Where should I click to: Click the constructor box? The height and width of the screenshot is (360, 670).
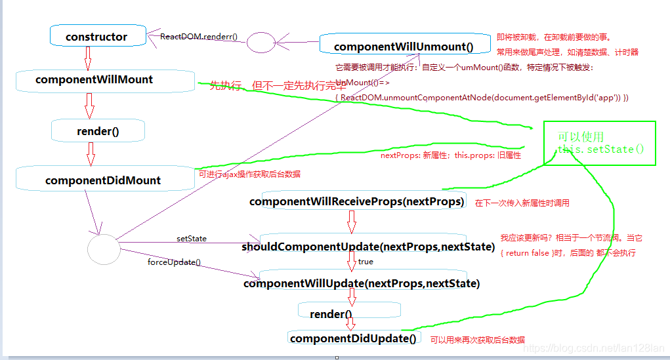[98, 36]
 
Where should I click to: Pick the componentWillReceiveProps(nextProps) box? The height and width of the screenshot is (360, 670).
[357, 201]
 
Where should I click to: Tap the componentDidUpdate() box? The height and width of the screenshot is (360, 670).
[353, 338]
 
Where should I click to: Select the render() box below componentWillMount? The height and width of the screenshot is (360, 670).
[98, 130]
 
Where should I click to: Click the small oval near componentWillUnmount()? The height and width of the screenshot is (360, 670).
[261, 43]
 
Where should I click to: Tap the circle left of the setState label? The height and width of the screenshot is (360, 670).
[104, 249]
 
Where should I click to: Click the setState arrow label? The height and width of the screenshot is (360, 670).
[192, 239]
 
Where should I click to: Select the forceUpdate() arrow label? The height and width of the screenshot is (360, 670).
[174, 262]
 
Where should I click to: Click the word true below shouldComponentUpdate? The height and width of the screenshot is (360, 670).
[366, 262]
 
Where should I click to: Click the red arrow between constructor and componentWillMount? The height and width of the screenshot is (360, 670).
[88, 58]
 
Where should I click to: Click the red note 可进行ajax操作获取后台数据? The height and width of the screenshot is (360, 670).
[250, 174]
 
